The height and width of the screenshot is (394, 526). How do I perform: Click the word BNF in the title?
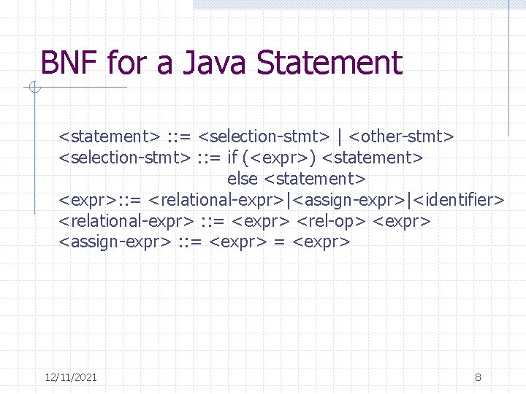[x=69, y=63]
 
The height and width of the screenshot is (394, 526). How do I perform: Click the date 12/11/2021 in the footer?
[x=71, y=377]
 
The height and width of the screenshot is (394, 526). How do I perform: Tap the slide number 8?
[x=478, y=377]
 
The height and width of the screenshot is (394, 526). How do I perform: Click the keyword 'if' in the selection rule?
[x=232, y=157]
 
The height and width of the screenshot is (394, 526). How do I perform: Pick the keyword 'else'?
[x=243, y=178]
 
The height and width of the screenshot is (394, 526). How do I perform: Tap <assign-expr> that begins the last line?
[x=115, y=242]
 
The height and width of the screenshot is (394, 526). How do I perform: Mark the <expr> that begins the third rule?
[x=83, y=199]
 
